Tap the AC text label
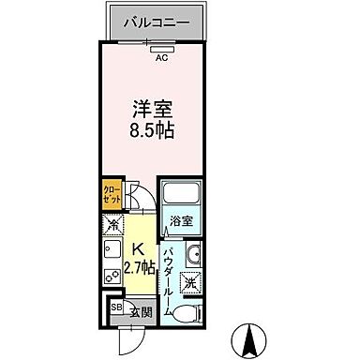161,56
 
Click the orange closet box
111,197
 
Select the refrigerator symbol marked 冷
112,226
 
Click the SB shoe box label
116,308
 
